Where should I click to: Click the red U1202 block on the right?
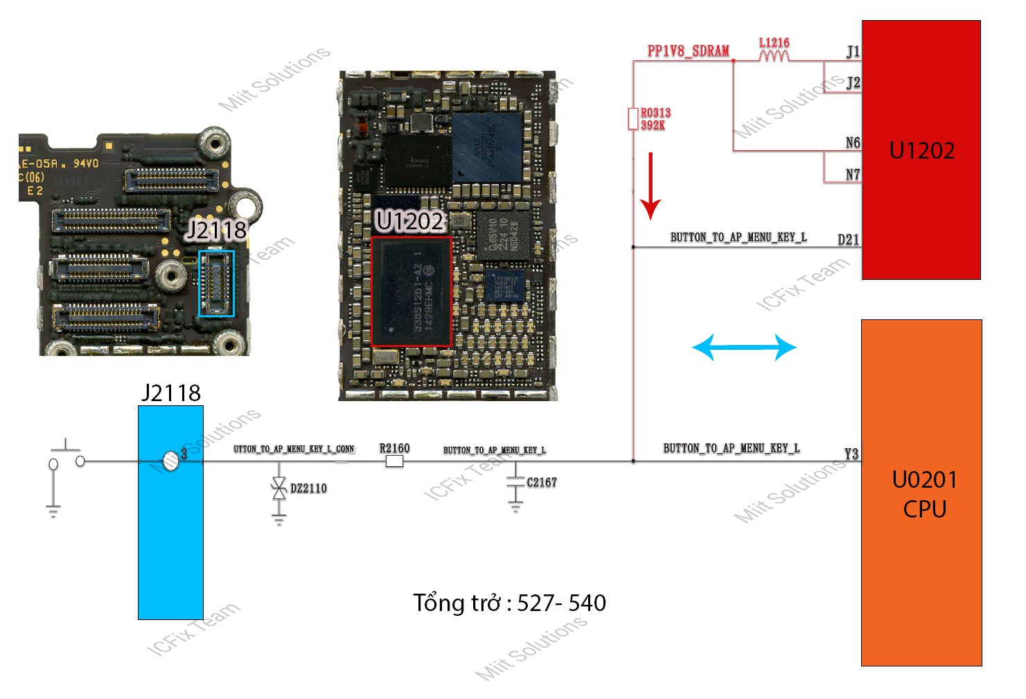pyautogui.click(x=921, y=150)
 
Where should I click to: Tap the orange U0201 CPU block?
pyautogui.click(x=921, y=493)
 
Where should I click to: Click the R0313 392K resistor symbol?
pyautogui.click(x=633, y=118)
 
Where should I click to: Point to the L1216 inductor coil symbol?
pyautogui.click(x=774, y=55)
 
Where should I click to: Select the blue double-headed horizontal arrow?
pyautogui.click(x=744, y=347)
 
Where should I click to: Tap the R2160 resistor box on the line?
pyautogui.click(x=394, y=461)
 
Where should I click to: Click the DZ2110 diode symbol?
pyautogui.click(x=279, y=488)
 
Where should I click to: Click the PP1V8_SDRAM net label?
pyautogui.click(x=688, y=51)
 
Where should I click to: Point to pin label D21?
pyautogui.click(x=848, y=240)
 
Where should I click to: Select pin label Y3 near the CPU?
pyautogui.click(x=851, y=454)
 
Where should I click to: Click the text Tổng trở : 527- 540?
pyautogui.click(x=509, y=603)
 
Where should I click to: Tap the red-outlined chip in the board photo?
pyautogui.click(x=412, y=292)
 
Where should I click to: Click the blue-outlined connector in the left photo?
pyautogui.click(x=217, y=283)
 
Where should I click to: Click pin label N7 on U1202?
pyautogui.click(x=853, y=175)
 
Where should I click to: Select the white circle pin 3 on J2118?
pyautogui.click(x=170, y=460)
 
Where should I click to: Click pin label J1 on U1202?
pyautogui.click(x=853, y=51)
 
